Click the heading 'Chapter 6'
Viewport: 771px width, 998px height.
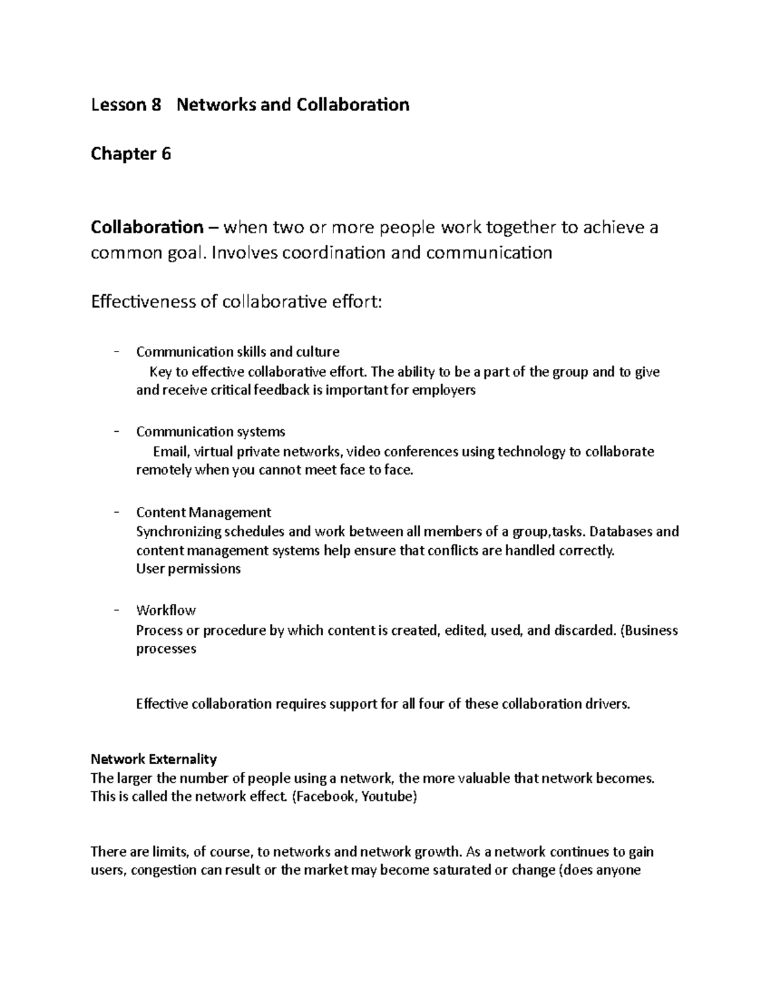131,154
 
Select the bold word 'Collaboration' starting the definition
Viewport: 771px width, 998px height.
146,227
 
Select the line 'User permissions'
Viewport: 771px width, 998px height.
188,569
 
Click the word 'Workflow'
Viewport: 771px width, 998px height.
166,610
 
